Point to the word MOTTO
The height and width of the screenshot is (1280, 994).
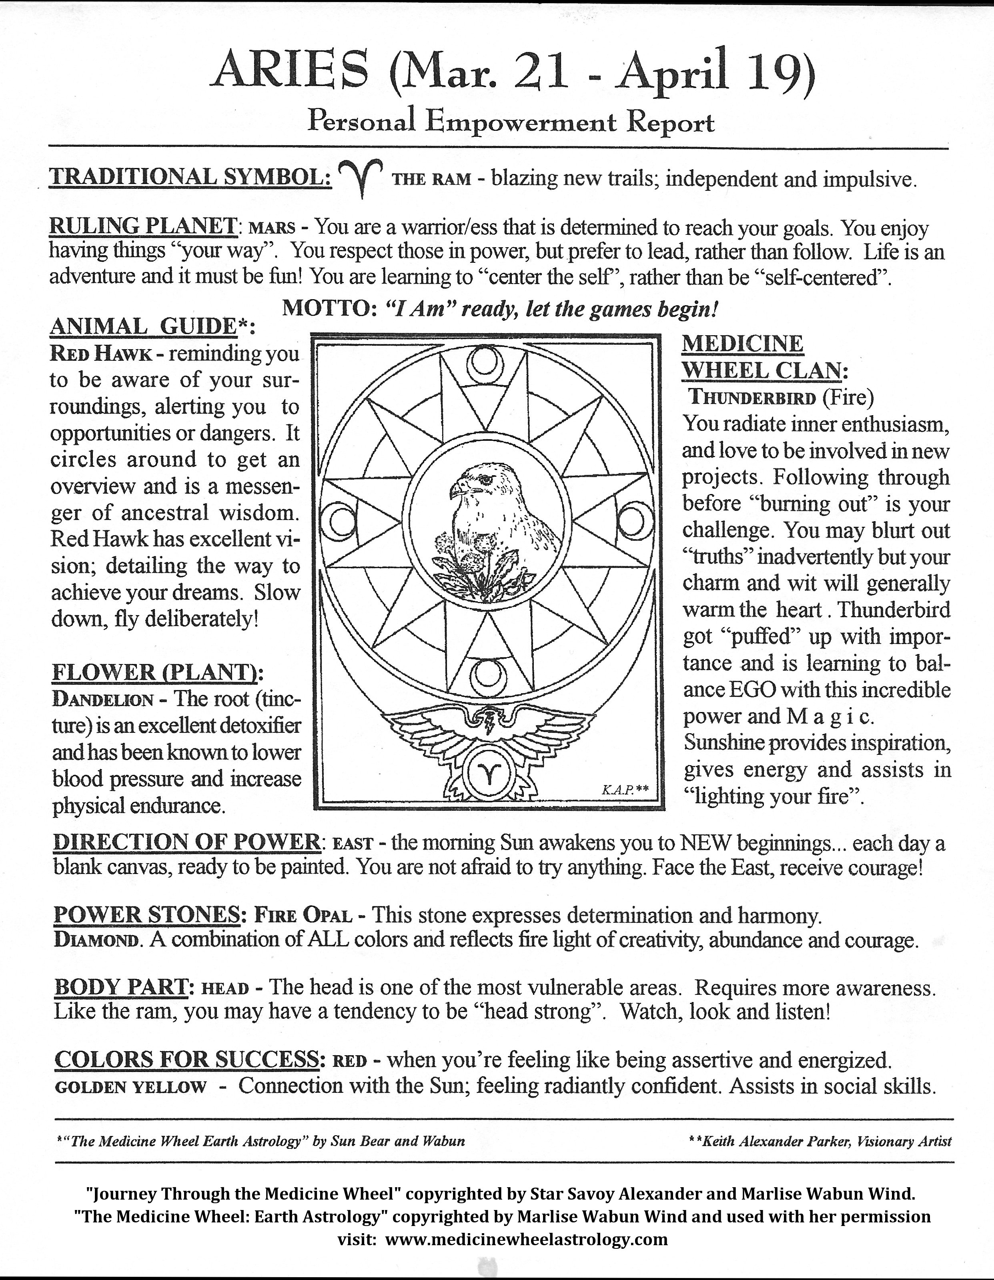324,308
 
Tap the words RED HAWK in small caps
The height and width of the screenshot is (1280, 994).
101,354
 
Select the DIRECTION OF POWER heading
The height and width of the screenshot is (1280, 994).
186,842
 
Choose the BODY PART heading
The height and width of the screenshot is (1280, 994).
121,987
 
